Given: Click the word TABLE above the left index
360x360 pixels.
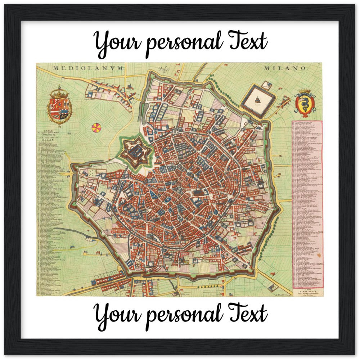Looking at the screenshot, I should pos(48,131).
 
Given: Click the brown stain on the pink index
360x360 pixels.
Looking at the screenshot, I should pos(318,254).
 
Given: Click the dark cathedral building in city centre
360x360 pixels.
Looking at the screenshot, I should pos(198,194).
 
